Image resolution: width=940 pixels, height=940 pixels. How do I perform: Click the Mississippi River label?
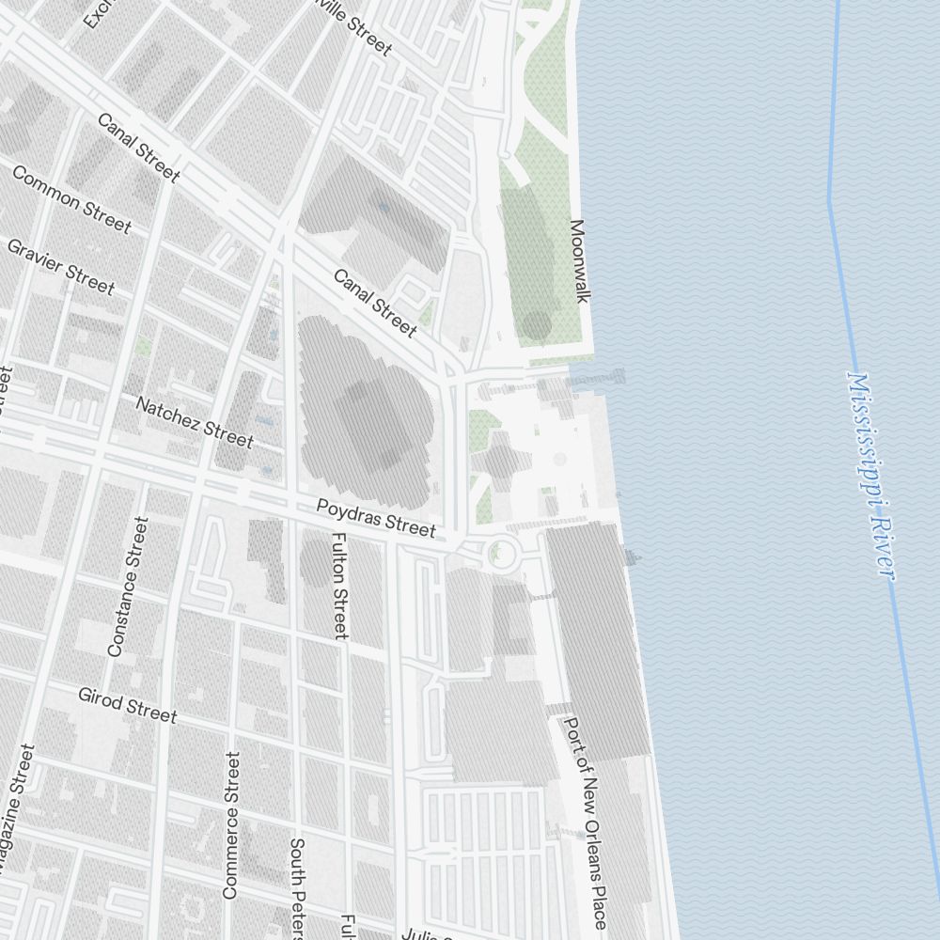pos(870,475)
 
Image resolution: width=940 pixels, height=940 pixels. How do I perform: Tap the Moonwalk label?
pos(579,261)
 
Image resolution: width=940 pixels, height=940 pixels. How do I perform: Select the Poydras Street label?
pos(376,518)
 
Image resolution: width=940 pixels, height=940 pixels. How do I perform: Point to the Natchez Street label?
pos(195,422)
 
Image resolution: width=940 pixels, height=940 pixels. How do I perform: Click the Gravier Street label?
pos(60,266)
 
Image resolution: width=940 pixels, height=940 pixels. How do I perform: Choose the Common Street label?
pos(71,199)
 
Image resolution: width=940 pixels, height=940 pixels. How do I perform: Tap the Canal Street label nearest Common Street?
pos(138,148)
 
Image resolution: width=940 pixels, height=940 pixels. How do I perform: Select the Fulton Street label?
pos(340,586)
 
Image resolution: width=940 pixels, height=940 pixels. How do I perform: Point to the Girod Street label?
pos(127,705)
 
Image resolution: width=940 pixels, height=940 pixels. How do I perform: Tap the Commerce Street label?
pos(231,824)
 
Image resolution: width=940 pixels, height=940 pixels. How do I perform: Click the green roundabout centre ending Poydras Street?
pos(502,554)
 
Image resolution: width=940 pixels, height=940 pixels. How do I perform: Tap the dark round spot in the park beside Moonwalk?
pos(536,325)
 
